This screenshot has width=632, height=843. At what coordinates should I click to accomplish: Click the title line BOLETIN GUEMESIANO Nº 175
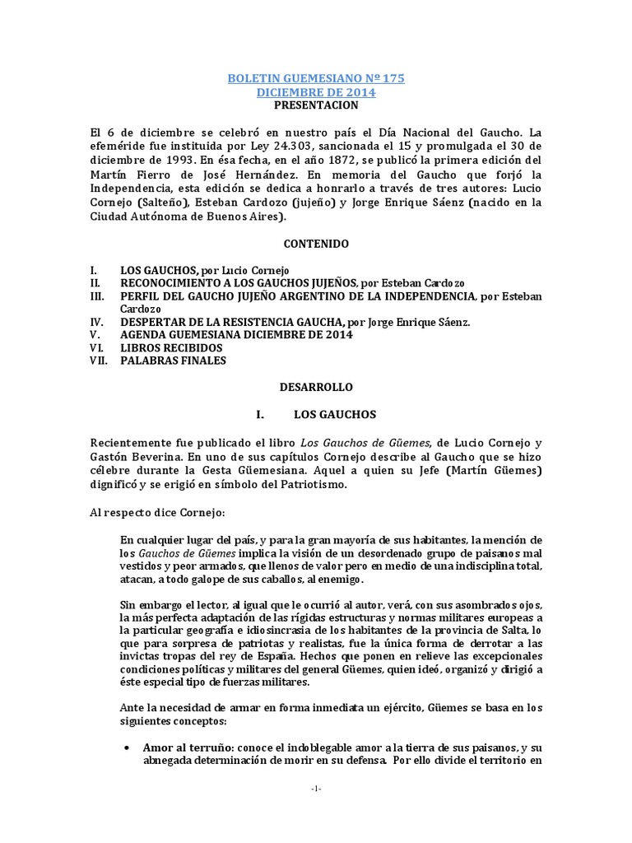coord(316,78)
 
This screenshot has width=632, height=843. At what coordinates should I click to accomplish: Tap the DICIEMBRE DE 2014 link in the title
coord(316,92)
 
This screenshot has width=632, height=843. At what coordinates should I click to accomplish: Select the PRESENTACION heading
coord(316,105)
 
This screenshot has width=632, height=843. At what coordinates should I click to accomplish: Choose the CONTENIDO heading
coord(316,245)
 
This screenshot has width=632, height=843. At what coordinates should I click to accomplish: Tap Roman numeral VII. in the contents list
coord(100,361)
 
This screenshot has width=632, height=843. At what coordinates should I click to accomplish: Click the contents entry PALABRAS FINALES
coord(173,361)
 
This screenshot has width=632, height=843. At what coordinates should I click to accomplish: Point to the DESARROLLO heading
coord(316,386)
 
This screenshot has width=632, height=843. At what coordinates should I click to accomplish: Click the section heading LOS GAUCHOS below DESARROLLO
coord(340,416)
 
